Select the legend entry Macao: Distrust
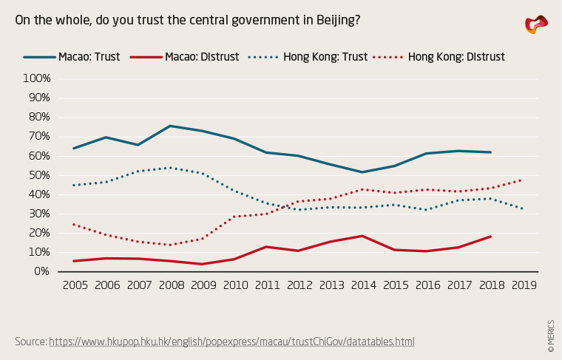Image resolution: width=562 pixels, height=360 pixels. [184, 56]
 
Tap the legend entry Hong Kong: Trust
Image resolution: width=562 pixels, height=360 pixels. [307, 56]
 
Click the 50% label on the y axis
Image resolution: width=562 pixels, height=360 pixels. [37, 175]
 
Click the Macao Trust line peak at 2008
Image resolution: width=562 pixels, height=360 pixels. [170, 126]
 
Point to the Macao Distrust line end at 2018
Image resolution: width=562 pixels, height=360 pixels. [491, 237]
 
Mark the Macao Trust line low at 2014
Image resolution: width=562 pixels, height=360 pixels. [362, 172]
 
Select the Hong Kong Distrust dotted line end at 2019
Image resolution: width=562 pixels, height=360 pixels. [523, 180]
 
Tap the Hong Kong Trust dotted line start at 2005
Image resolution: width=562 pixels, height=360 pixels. [74, 185]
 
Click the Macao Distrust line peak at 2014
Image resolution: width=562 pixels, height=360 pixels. [362, 236]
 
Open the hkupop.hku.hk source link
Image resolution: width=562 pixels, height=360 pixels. [231, 342]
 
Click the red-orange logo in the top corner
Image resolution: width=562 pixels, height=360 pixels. [536, 24]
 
